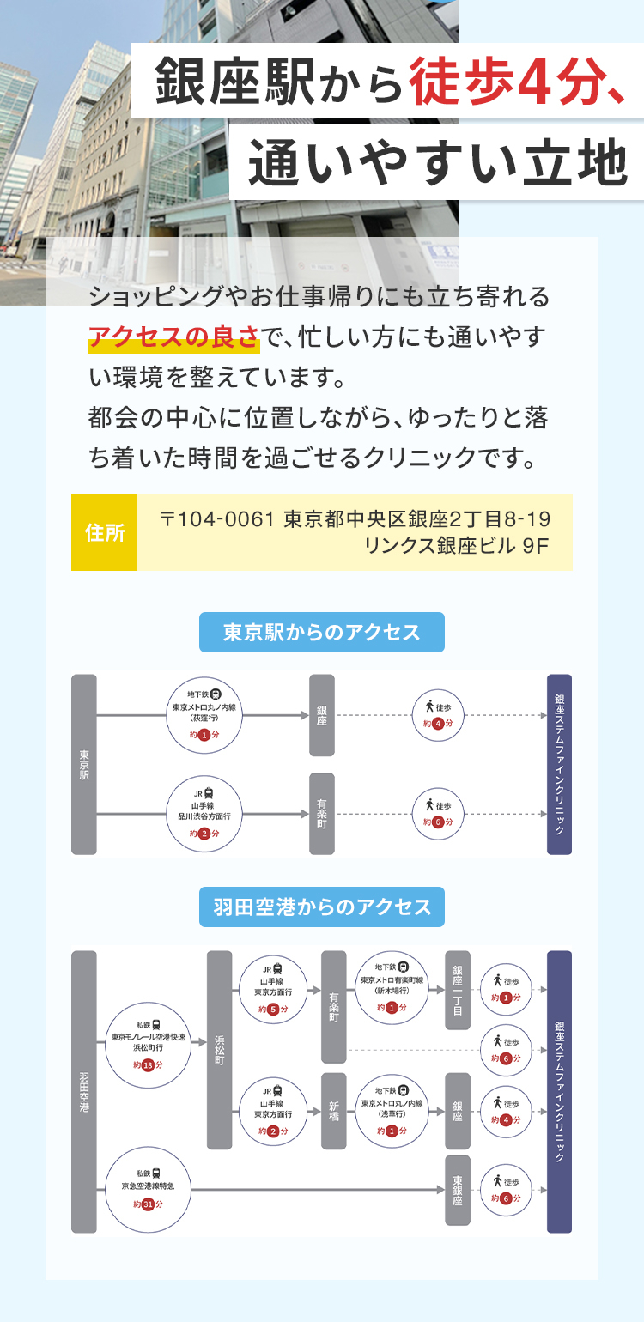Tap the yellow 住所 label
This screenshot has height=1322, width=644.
point(104,532)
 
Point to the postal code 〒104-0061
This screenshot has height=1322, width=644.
point(216,519)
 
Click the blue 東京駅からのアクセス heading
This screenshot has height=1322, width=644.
point(322,633)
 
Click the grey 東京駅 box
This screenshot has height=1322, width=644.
point(84,764)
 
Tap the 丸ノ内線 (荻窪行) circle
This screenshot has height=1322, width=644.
point(204,716)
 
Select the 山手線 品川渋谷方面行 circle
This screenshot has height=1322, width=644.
point(204,814)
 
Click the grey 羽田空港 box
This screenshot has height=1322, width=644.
point(84,1091)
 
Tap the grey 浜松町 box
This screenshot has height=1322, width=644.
point(220,1050)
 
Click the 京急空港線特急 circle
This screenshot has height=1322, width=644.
point(148,1188)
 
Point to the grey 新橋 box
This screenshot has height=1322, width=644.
point(334,1111)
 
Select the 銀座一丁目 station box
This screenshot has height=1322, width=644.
point(458,990)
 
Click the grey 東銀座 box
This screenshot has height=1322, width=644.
point(458,1190)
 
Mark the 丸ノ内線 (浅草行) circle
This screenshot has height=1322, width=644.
point(392,1111)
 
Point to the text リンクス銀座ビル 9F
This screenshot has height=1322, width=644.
point(456,545)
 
